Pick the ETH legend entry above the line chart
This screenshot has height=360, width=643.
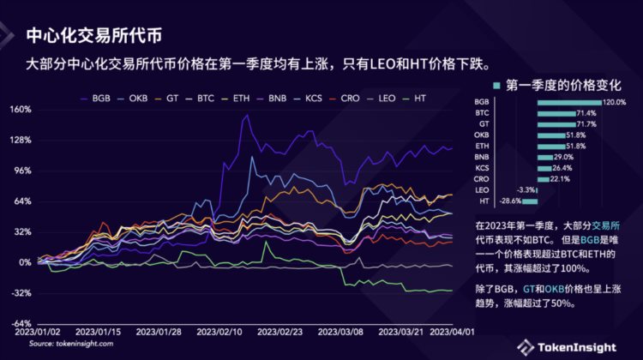point(241,99)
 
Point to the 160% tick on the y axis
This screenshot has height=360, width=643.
point(21,110)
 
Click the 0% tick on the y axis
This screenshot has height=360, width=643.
point(26,262)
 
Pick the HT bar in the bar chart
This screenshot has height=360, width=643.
point(530,201)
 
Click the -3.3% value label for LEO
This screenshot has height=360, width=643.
point(525,189)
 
